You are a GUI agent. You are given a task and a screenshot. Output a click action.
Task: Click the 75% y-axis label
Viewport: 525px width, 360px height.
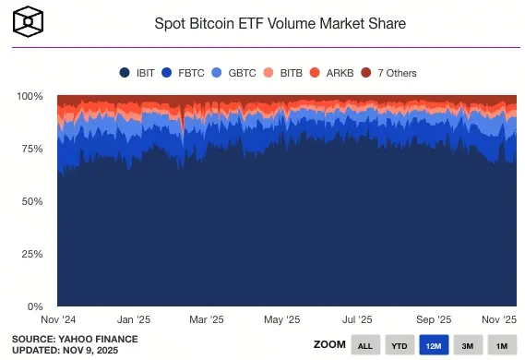(33, 149)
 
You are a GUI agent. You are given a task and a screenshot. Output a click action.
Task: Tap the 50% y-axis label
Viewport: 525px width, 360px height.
(33, 201)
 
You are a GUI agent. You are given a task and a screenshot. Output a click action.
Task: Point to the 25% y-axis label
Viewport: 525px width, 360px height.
(33, 254)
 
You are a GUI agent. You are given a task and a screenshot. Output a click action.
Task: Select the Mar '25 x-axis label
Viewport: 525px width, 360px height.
(206, 319)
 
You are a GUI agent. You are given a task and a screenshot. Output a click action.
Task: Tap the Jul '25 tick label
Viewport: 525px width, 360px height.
(357, 319)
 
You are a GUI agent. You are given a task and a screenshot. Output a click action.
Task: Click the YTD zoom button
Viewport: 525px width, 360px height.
(399, 344)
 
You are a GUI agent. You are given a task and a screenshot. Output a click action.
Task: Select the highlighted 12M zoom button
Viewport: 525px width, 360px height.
(434, 344)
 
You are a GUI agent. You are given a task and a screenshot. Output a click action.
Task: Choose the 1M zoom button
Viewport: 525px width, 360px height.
(502, 344)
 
